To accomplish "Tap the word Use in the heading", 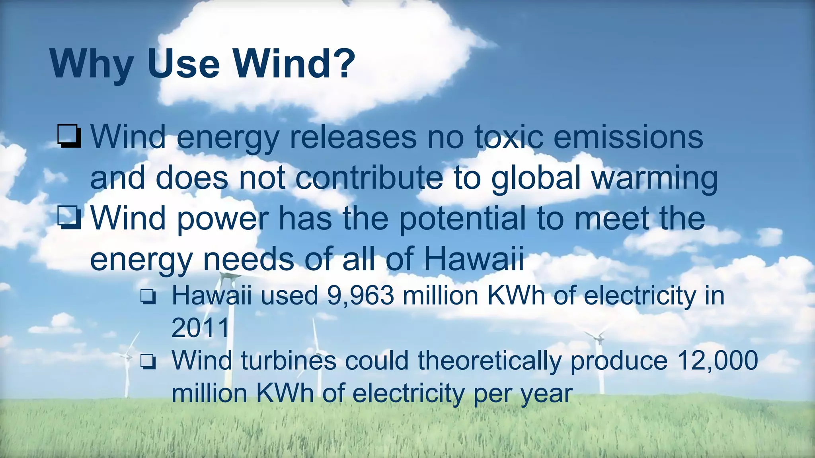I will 183,64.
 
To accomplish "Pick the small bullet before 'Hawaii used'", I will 148,297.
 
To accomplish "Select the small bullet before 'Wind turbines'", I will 148,362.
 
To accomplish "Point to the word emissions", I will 628,137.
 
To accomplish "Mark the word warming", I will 655,179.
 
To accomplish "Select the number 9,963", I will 361,296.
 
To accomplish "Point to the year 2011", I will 201,328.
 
